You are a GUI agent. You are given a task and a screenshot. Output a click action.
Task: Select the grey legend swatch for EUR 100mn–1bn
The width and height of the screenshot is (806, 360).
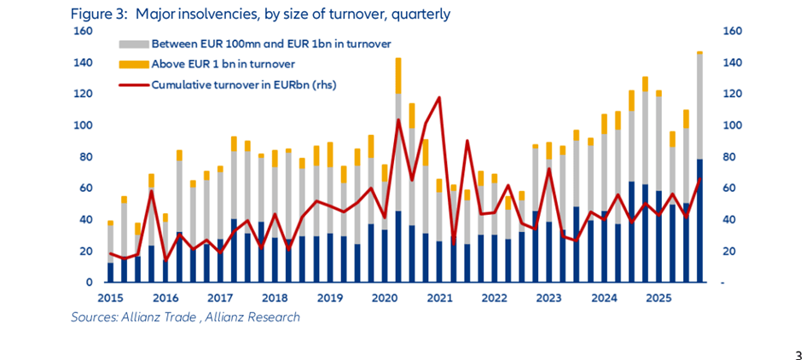pos(133,44)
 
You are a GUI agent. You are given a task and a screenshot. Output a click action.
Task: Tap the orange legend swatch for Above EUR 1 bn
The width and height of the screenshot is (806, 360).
pos(133,64)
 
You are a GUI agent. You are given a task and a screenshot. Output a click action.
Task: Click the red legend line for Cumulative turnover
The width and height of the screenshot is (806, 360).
pos(133,84)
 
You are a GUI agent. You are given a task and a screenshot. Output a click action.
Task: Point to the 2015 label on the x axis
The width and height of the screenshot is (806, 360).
pos(110,298)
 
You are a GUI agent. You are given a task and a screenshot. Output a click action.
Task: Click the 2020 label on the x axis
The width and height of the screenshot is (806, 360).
pos(386,298)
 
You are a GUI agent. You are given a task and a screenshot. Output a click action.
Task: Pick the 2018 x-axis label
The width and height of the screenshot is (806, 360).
pos(275,298)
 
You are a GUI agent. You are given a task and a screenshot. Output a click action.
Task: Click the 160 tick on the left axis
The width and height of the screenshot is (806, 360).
pos(82,32)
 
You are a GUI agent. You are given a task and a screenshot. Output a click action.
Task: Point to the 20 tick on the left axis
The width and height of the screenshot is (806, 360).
pos(85,251)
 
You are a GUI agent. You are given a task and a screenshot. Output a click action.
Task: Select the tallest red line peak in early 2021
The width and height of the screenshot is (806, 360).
pos(438,97)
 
